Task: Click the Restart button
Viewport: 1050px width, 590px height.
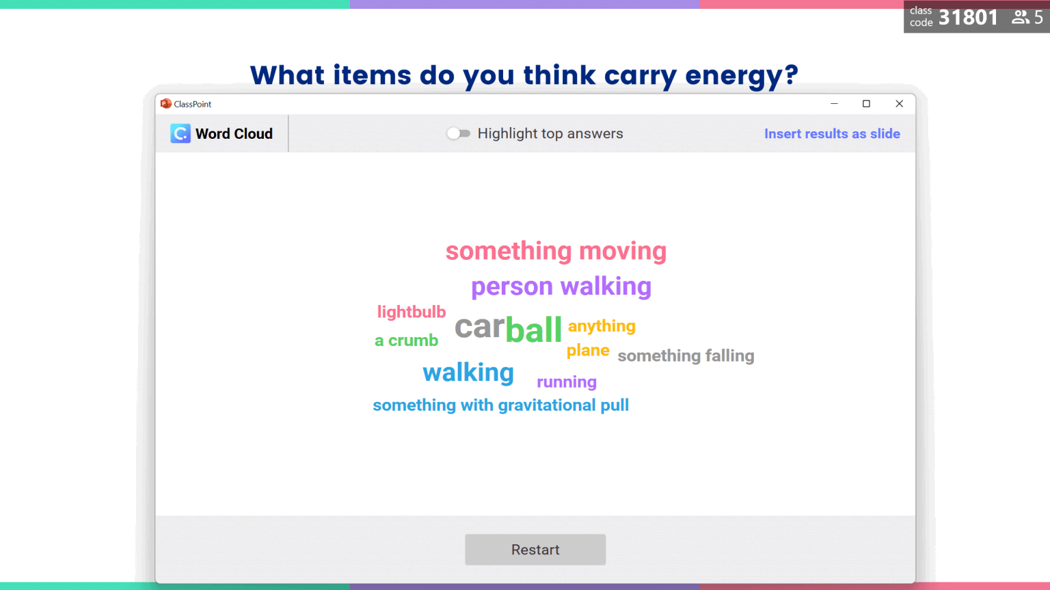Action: click(535, 550)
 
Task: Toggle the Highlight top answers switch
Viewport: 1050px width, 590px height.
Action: click(458, 133)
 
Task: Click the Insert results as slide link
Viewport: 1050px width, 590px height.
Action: click(832, 134)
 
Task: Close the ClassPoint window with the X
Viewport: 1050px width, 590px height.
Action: click(899, 104)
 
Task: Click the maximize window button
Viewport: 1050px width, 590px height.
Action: click(866, 104)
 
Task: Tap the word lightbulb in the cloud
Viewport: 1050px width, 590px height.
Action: click(412, 312)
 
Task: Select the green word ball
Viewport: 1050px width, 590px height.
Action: click(533, 330)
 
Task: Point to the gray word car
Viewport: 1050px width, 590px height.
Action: click(479, 327)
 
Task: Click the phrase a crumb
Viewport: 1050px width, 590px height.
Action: click(406, 340)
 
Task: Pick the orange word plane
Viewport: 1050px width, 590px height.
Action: click(588, 351)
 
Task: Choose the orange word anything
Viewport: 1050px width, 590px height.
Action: click(602, 326)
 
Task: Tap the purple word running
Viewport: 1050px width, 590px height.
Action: click(567, 382)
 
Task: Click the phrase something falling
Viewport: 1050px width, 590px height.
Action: click(686, 356)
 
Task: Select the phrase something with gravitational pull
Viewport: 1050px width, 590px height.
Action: click(500, 405)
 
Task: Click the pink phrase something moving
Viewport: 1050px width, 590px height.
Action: click(556, 251)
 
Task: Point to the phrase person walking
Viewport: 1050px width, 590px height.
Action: click(561, 286)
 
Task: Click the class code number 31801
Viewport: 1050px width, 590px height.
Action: click(968, 17)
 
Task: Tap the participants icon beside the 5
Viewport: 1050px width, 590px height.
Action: click(1021, 17)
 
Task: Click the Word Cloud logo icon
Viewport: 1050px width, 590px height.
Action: click(180, 133)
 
